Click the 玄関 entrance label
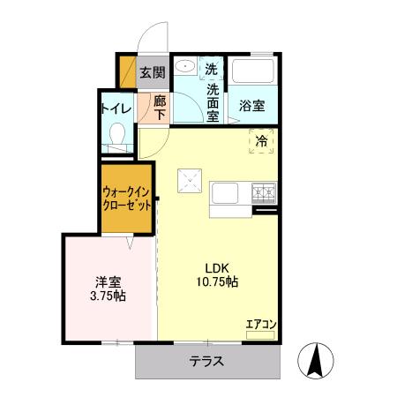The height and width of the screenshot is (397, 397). (153, 72)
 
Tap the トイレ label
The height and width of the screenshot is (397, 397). (116, 109)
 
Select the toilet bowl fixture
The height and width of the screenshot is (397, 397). (116, 134)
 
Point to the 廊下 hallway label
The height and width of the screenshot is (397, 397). (160, 109)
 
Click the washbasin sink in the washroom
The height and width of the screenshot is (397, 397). (185, 69)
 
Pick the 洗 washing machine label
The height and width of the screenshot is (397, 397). (212, 69)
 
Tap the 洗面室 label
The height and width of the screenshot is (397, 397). (213, 101)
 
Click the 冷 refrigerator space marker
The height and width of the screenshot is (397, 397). (261, 139)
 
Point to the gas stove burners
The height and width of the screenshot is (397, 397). (264, 190)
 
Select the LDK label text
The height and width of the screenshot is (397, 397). (218, 268)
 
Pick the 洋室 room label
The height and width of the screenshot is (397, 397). (108, 282)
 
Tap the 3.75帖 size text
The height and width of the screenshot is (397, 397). (108, 296)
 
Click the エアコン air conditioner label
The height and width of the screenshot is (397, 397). (261, 325)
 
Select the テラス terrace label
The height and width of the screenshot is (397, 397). (206, 361)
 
